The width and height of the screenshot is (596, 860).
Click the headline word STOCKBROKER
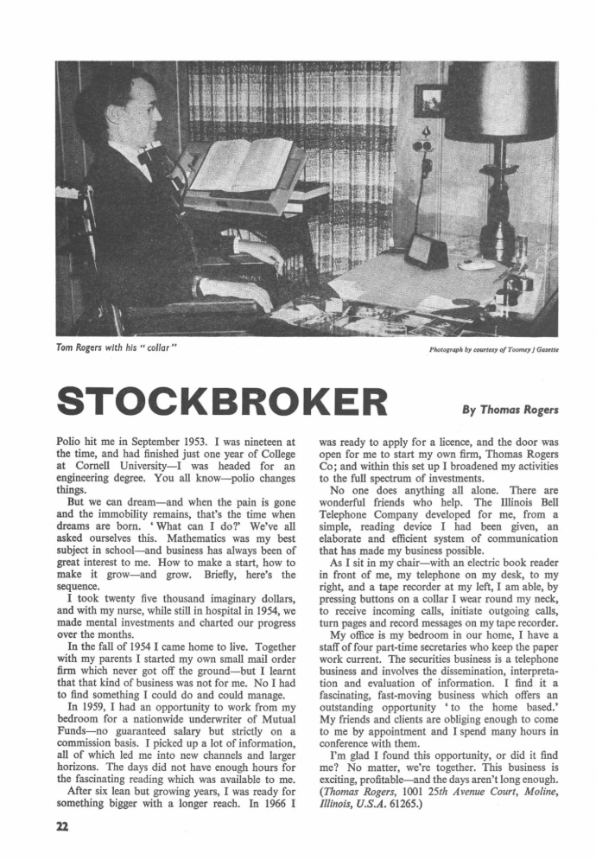[222, 403]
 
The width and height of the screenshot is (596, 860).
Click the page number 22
[62, 827]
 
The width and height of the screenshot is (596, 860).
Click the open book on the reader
[243, 164]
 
